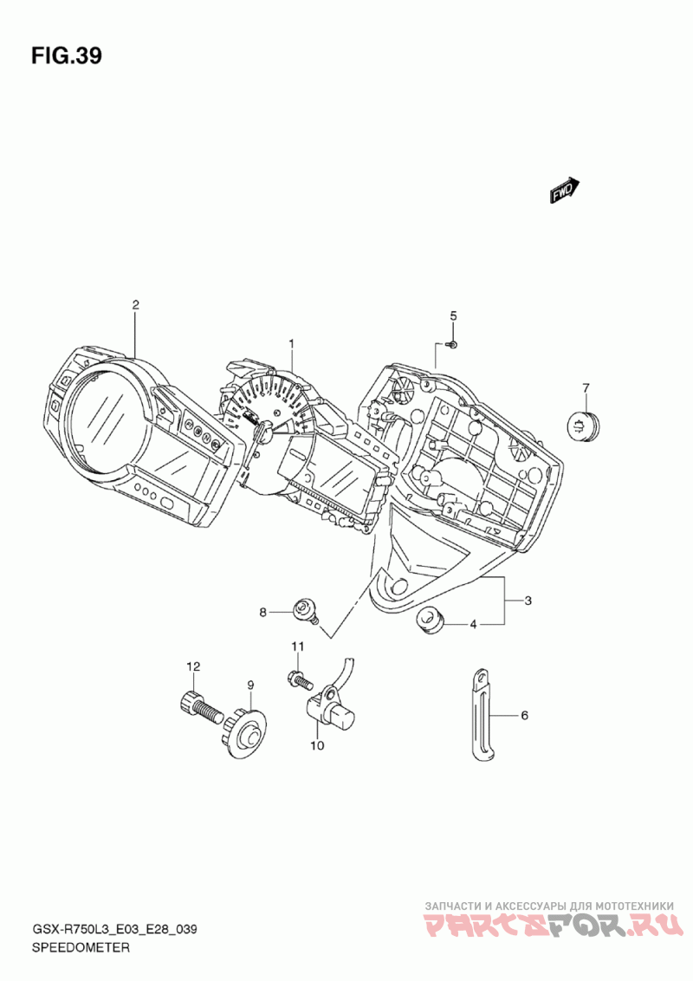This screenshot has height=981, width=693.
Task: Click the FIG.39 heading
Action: pos(67,56)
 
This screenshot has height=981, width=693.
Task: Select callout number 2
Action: pos(135,304)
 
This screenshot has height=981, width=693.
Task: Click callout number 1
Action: pos(292,344)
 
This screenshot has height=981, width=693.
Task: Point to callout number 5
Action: pos(452,315)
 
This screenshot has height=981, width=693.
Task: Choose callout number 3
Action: pos(528,601)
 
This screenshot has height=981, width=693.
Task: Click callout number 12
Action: pos(193,666)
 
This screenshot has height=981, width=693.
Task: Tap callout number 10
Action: pos(316,744)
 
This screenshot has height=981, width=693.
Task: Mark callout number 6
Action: pos(524,716)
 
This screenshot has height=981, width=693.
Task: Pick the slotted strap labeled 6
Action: pos(480,716)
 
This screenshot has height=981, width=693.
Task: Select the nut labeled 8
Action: pos(303,609)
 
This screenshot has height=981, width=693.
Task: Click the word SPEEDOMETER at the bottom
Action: pos(81,948)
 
